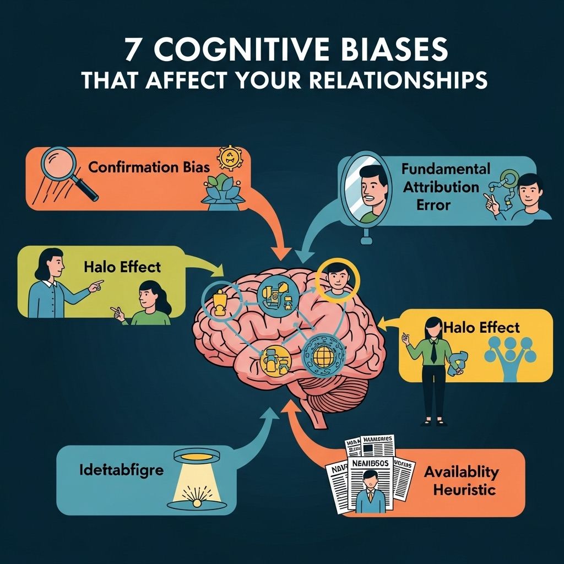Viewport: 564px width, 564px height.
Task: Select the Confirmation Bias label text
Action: click(x=149, y=166)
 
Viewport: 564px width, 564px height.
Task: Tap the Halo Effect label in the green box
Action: click(x=122, y=267)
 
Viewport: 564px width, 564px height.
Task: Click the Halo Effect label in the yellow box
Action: click(x=481, y=328)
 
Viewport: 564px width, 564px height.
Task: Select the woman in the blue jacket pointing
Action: click(x=56, y=286)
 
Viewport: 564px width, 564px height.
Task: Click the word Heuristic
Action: click(x=464, y=490)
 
